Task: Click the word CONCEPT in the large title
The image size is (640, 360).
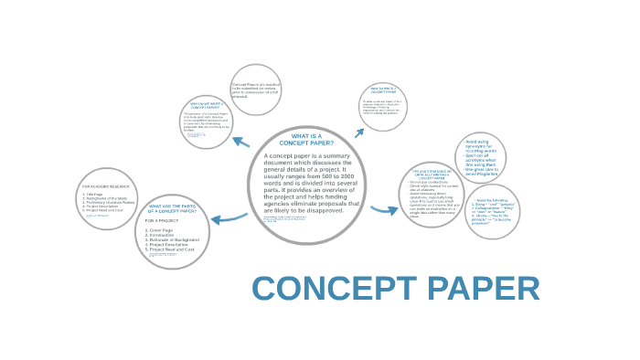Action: point(331,288)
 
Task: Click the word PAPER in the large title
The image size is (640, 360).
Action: point(477,288)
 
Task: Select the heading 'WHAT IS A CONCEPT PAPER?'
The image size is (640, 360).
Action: point(305,140)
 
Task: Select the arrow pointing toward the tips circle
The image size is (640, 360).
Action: point(385,210)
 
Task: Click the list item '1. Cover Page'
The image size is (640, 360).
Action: point(161,229)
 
